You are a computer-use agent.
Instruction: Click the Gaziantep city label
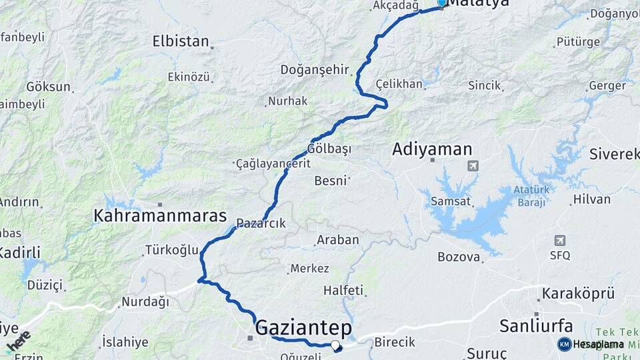pyautogui.click(x=303, y=327)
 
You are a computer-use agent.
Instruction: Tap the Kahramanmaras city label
pyautogui.click(x=160, y=216)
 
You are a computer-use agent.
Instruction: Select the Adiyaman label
pyautogui.click(x=432, y=149)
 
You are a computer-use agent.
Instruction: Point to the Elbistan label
pyautogui.click(x=181, y=41)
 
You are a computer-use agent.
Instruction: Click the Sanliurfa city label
pyautogui.click(x=536, y=326)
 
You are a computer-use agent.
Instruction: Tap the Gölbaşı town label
pyautogui.click(x=329, y=149)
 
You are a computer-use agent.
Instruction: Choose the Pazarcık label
pyautogui.click(x=261, y=224)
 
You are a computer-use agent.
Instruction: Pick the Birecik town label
pyautogui.click(x=395, y=341)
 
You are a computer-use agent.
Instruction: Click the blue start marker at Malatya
pyautogui.click(x=441, y=3)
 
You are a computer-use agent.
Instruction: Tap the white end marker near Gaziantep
pyautogui.click(x=335, y=345)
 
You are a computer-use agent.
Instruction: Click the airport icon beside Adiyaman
pyautogui.click(x=473, y=165)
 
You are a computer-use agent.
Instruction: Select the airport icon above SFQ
pyautogui.click(x=560, y=240)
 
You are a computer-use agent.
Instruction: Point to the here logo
pyautogui.click(x=19, y=341)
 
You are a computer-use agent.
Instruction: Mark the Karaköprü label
pyautogui.click(x=578, y=293)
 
